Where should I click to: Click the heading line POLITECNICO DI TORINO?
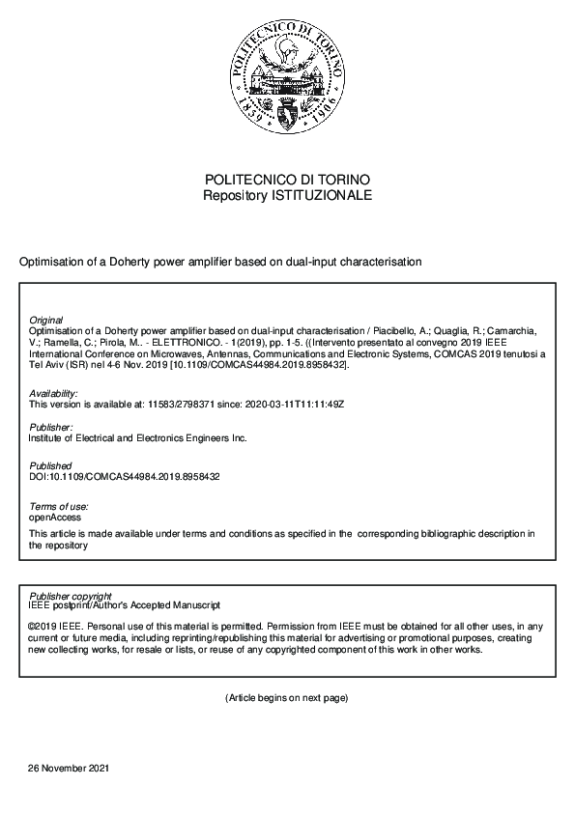click(287, 181)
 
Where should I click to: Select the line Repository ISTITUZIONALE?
click(287, 195)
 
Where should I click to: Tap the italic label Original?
click(46, 320)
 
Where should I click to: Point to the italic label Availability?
click(53, 394)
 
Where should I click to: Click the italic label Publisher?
click(51, 427)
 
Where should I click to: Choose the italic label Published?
click(50, 466)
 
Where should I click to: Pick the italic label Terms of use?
click(59, 506)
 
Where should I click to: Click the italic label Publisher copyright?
click(71, 596)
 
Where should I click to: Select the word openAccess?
click(56, 517)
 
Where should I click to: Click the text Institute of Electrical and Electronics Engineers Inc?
click(138, 437)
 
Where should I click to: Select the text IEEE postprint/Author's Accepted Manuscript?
click(125, 605)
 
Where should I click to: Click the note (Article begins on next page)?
click(286, 697)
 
